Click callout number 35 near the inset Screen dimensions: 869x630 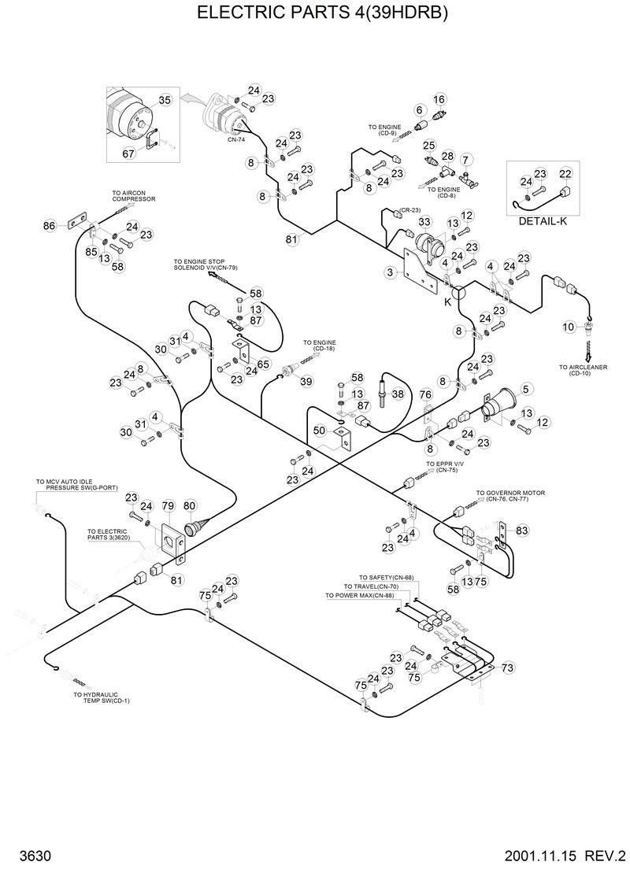tap(165, 100)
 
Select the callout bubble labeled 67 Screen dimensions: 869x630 tap(129, 154)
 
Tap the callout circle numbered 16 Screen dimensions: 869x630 tap(439, 99)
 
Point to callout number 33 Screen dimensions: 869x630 tap(424, 222)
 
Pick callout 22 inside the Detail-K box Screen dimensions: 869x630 tap(565, 174)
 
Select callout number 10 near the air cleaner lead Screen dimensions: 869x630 tap(569, 327)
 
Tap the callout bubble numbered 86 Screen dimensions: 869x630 tap(50, 226)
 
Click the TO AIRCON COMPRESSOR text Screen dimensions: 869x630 tap(132, 197)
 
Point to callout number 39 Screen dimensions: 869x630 tap(306, 381)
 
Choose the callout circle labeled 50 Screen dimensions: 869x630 tap(319, 431)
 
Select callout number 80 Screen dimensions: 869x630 tap(189, 505)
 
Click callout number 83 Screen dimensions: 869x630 tap(522, 531)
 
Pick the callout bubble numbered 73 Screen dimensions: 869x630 tap(507, 667)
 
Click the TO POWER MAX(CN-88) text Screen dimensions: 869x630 tap(361, 596)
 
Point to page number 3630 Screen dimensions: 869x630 tap(31, 854)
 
